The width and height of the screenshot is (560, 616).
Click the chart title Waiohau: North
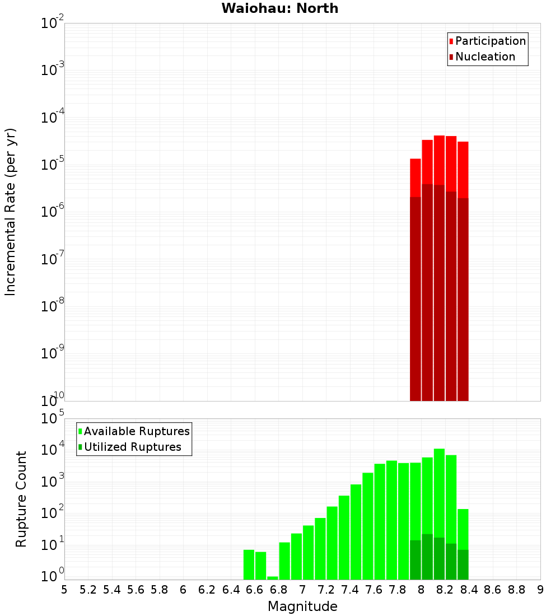click(x=279, y=8)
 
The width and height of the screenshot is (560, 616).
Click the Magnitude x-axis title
click(x=302, y=606)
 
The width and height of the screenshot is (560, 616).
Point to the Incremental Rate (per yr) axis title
click(x=11, y=212)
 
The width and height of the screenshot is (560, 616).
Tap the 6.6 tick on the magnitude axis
click(x=255, y=590)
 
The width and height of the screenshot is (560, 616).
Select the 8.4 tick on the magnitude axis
click(x=469, y=590)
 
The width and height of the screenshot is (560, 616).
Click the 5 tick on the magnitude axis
click(x=64, y=590)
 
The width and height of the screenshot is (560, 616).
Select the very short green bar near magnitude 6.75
click(x=273, y=578)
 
